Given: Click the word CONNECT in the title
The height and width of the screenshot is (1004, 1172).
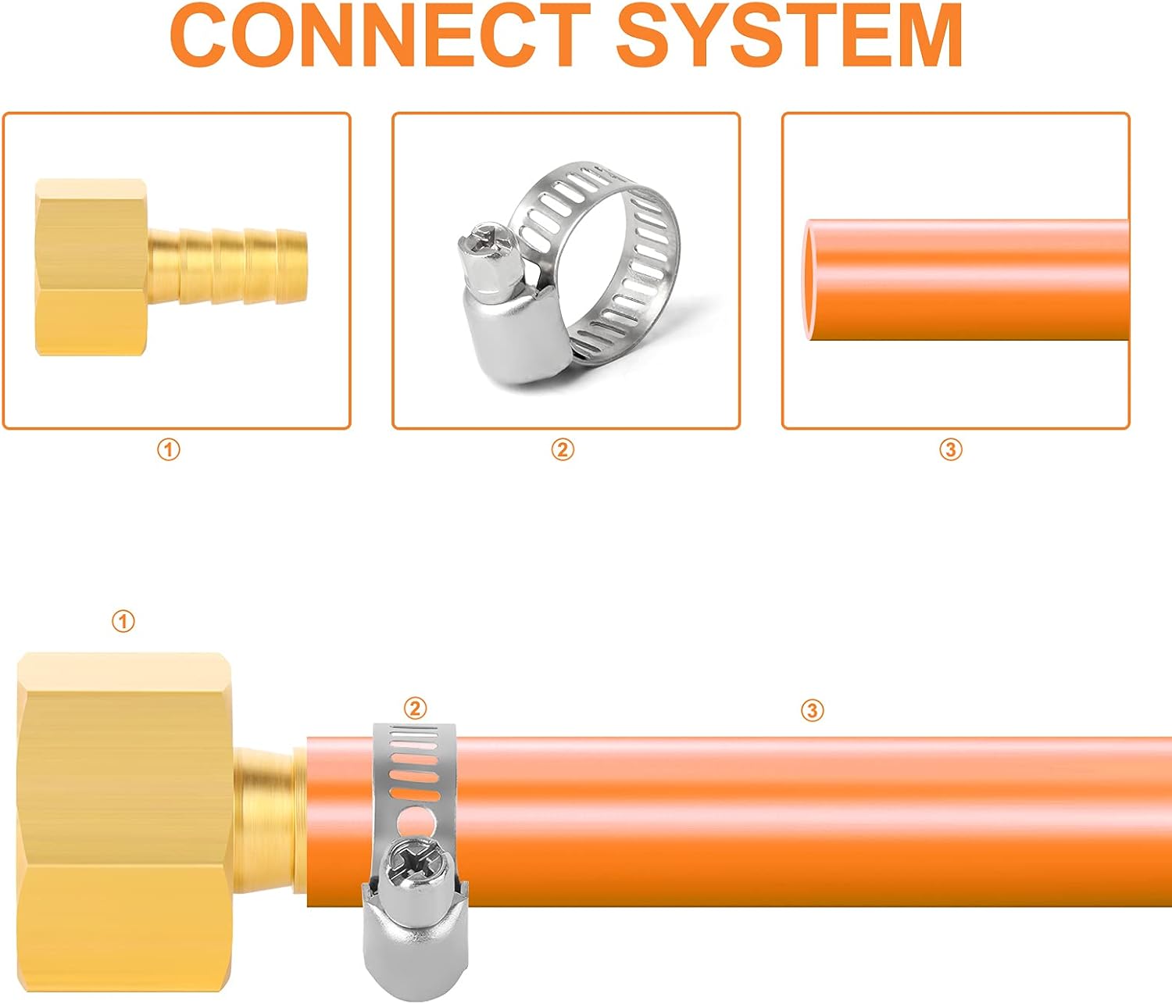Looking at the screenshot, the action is coord(381,36).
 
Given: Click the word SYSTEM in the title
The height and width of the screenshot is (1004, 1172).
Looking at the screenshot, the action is coord(789,36).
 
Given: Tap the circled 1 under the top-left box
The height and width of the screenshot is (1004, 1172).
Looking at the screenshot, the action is coord(169,449).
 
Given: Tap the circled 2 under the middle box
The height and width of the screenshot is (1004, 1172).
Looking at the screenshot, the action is coord(563,449).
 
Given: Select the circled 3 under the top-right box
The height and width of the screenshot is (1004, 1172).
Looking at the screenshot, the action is coord(951,449).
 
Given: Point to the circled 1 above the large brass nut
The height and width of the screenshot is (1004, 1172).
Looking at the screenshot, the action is coord(123,621).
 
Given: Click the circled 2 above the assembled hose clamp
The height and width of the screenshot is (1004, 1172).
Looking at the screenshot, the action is coord(415,708).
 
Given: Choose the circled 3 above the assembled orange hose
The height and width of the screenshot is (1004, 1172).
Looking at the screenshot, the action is coord(812,709).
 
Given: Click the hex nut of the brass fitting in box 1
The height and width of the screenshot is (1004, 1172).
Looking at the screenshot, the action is coord(91,267).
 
